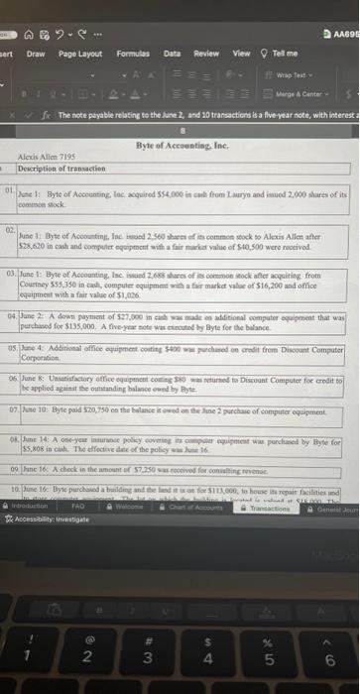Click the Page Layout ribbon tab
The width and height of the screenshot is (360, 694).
pyautogui.click(x=80, y=54)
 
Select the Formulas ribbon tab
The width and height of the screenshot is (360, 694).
pyautogui.click(x=132, y=54)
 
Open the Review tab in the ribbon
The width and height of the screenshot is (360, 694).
pyautogui.click(x=206, y=54)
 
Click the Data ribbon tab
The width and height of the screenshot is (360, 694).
pyautogui.click(x=172, y=54)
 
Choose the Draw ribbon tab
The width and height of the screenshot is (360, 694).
pyautogui.click(x=36, y=54)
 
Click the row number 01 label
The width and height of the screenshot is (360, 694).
pyautogui.click(x=9, y=186)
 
